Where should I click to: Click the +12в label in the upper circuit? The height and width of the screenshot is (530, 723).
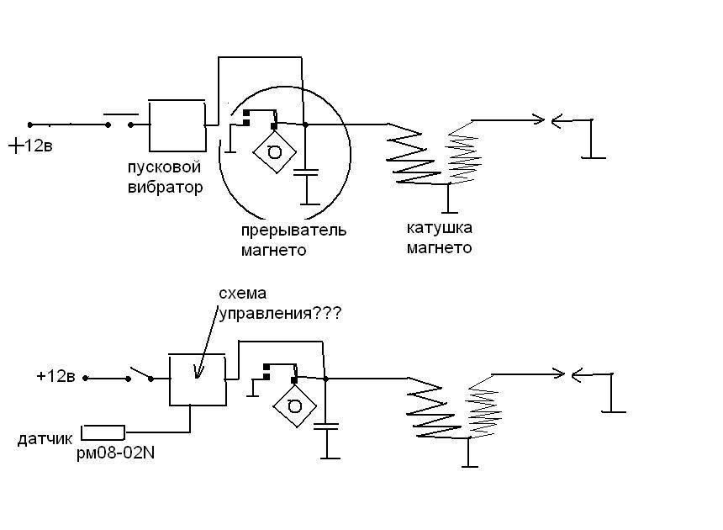(x=30, y=146)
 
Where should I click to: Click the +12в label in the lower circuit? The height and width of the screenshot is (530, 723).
(x=55, y=376)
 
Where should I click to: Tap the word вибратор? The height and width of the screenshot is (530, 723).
(x=165, y=188)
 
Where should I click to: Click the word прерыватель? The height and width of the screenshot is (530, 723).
(x=293, y=231)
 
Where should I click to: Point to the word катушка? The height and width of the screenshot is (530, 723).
(x=440, y=227)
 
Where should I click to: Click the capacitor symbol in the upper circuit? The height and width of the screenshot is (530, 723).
(x=307, y=173)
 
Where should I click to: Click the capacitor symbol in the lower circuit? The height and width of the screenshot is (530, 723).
(x=326, y=427)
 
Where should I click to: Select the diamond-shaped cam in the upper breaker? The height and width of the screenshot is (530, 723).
(x=275, y=151)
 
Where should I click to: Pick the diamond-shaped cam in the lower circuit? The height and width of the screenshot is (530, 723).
(x=294, y=406)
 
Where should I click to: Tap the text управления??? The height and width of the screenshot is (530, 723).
(x=280, y=314)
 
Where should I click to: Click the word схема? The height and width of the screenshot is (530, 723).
(x=242, y=294)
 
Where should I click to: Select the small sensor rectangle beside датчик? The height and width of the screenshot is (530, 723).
(x=103, y=432)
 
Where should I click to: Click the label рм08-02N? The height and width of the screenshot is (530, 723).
(x=116, y=453)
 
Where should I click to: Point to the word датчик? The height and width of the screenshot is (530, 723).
(x=45, y=438)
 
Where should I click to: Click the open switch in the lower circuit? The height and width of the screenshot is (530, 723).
(x=140, y=374)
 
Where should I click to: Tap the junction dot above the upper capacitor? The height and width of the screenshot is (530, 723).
(x=305, y=125)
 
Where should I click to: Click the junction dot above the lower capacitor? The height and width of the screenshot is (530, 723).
(x=325, y=379)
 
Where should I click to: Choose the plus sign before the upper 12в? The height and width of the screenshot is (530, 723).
(x=16, y=146)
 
